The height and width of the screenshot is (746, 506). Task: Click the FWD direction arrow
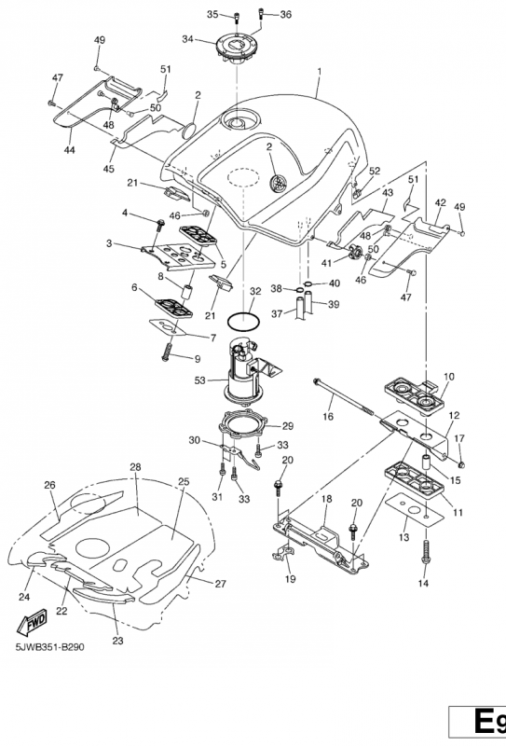33,623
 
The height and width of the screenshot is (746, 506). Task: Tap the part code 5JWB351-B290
50,647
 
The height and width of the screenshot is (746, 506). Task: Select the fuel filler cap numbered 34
237,49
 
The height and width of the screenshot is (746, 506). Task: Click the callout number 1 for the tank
320,72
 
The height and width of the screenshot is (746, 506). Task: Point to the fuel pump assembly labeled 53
247,372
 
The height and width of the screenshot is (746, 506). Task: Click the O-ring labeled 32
243,322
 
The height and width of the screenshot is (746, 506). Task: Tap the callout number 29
287,426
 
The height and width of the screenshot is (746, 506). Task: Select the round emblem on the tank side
279,184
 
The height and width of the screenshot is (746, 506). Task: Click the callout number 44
70,150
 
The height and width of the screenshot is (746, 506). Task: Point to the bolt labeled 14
426,552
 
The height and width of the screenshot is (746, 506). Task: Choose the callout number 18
327,499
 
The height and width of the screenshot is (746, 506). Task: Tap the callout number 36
285,14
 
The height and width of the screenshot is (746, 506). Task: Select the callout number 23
118,641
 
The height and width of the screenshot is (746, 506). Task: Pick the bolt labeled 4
159,225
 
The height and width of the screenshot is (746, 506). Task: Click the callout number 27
220,584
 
